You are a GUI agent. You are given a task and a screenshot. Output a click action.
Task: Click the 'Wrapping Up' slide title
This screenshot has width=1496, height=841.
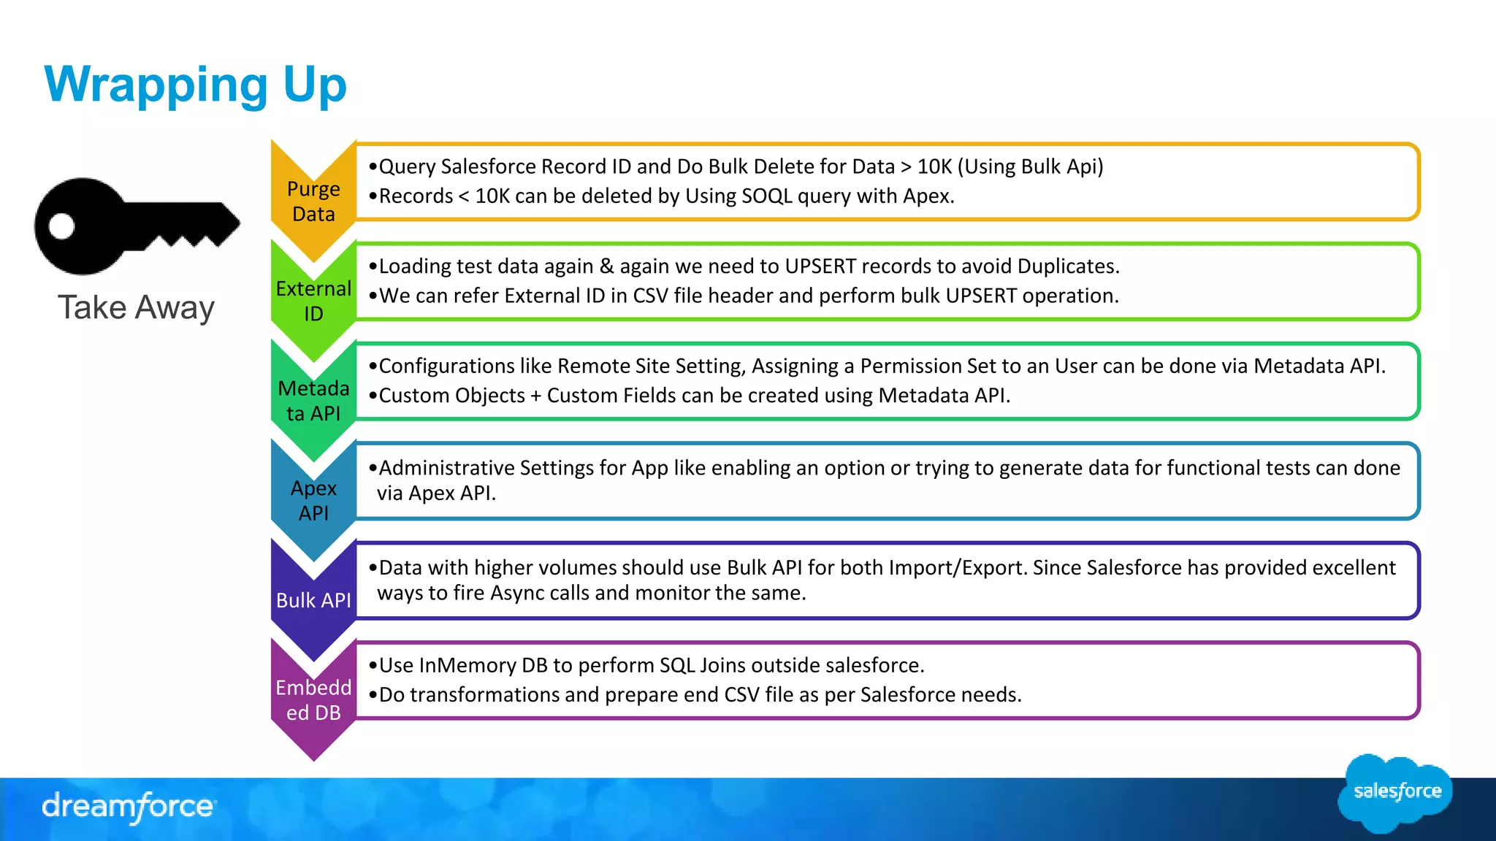[x=195, y=85]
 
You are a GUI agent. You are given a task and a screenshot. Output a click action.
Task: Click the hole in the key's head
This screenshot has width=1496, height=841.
[x=62, y=226]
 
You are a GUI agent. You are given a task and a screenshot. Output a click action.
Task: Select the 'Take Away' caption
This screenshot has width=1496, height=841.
[x=136, y=307]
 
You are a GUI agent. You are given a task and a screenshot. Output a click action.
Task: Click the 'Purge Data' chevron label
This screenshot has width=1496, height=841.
[x=313, y=201]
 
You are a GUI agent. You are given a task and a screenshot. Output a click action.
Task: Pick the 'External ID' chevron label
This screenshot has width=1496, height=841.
[x=313, y=301]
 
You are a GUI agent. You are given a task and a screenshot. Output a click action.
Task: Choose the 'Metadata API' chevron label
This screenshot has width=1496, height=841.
[x=313, y=401]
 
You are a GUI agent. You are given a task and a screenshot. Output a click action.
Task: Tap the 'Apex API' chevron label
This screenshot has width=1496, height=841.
[x=313, y=500]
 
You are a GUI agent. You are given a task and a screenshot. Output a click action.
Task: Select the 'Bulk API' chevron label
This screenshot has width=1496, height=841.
[x=313, y=600]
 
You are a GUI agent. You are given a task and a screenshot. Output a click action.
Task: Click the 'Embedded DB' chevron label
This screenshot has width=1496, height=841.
[x=313, y=699]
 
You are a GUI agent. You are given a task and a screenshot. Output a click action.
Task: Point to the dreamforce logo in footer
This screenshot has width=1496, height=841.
[x=129, y=807]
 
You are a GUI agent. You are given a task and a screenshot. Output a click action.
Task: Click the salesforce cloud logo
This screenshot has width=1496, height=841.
[x=1396, y=792]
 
